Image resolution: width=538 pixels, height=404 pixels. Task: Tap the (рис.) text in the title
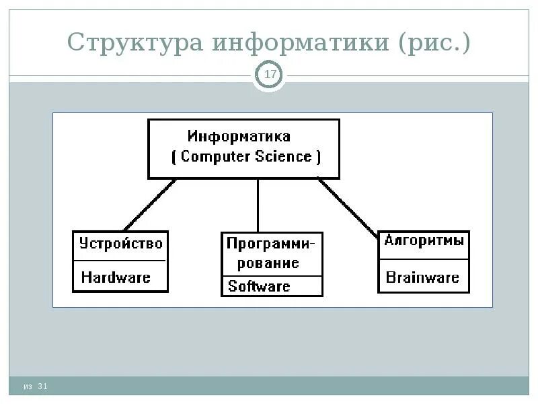(x=434, y=43)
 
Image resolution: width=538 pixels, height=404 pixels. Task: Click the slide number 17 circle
(x=270, y=75)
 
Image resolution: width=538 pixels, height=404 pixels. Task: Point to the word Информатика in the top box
(x=239, y=137)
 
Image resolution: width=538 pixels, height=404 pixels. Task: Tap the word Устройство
(x=121, y=243)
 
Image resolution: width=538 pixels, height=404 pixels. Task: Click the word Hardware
(x=116, y=277)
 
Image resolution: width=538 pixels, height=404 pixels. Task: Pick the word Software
(x=259, y=286)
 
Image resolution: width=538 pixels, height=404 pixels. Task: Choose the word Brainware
(x=422, y=277)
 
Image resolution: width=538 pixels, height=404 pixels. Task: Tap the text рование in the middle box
(x=267, y=263)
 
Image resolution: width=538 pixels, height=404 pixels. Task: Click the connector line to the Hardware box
(x=149, y=205)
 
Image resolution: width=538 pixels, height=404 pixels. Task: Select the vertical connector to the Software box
(x=258, y=205)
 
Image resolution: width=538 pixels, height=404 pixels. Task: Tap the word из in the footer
(x=27, y=386)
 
